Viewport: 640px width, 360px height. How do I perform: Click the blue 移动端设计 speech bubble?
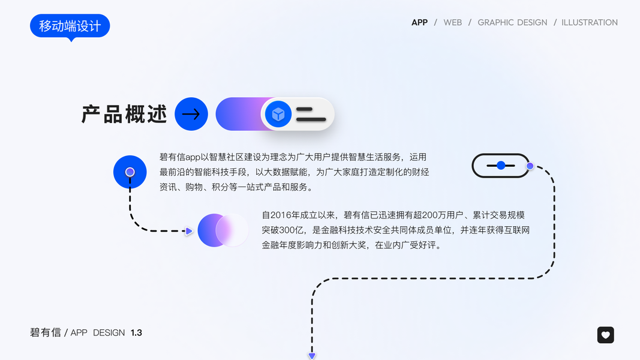coord(70,26)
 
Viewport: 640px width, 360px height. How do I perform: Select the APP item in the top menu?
coord(419,22)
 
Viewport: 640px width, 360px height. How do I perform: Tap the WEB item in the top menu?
coord(452,22)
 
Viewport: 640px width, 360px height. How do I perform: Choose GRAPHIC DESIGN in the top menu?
coord(512,22)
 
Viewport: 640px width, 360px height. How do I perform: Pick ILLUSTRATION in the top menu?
coord(590,22)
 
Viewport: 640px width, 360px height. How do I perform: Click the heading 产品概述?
coord(124,114)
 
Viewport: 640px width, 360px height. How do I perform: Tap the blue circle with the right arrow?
coord(191,114)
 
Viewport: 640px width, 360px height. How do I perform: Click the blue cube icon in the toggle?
coord(278,114)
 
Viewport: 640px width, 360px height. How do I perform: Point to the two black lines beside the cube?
coord(311,114)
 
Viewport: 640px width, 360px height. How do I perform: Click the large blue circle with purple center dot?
coord(130,172)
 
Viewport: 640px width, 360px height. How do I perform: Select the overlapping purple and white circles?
coord(223,230)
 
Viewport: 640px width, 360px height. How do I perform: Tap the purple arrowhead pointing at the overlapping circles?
coord(189,230)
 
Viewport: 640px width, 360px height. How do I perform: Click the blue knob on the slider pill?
coord(501,165)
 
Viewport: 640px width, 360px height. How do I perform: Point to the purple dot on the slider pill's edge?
coord(530,166)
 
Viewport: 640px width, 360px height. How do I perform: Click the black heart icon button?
coord(605,335)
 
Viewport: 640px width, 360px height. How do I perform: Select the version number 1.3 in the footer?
coord(136,332)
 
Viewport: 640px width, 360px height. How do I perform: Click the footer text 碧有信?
coord(46,332)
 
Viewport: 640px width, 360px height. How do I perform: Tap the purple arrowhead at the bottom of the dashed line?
coord(312,356)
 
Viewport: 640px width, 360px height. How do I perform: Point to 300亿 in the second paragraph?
coord(293,230)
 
